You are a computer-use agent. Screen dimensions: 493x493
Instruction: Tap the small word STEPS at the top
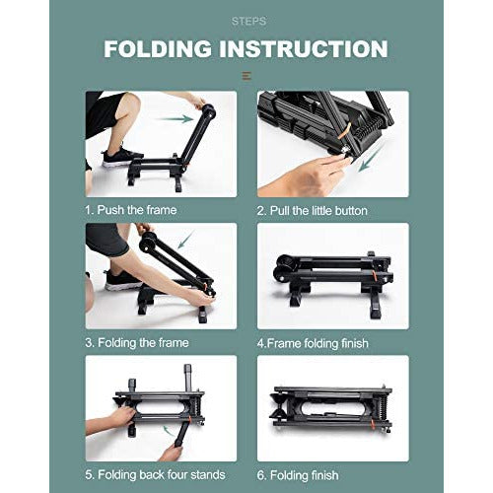click(x=246, y=20)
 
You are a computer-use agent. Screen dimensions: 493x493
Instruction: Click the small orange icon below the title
click(x=246, y=75)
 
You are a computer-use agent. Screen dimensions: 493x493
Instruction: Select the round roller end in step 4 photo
click(x=284, y=264)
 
